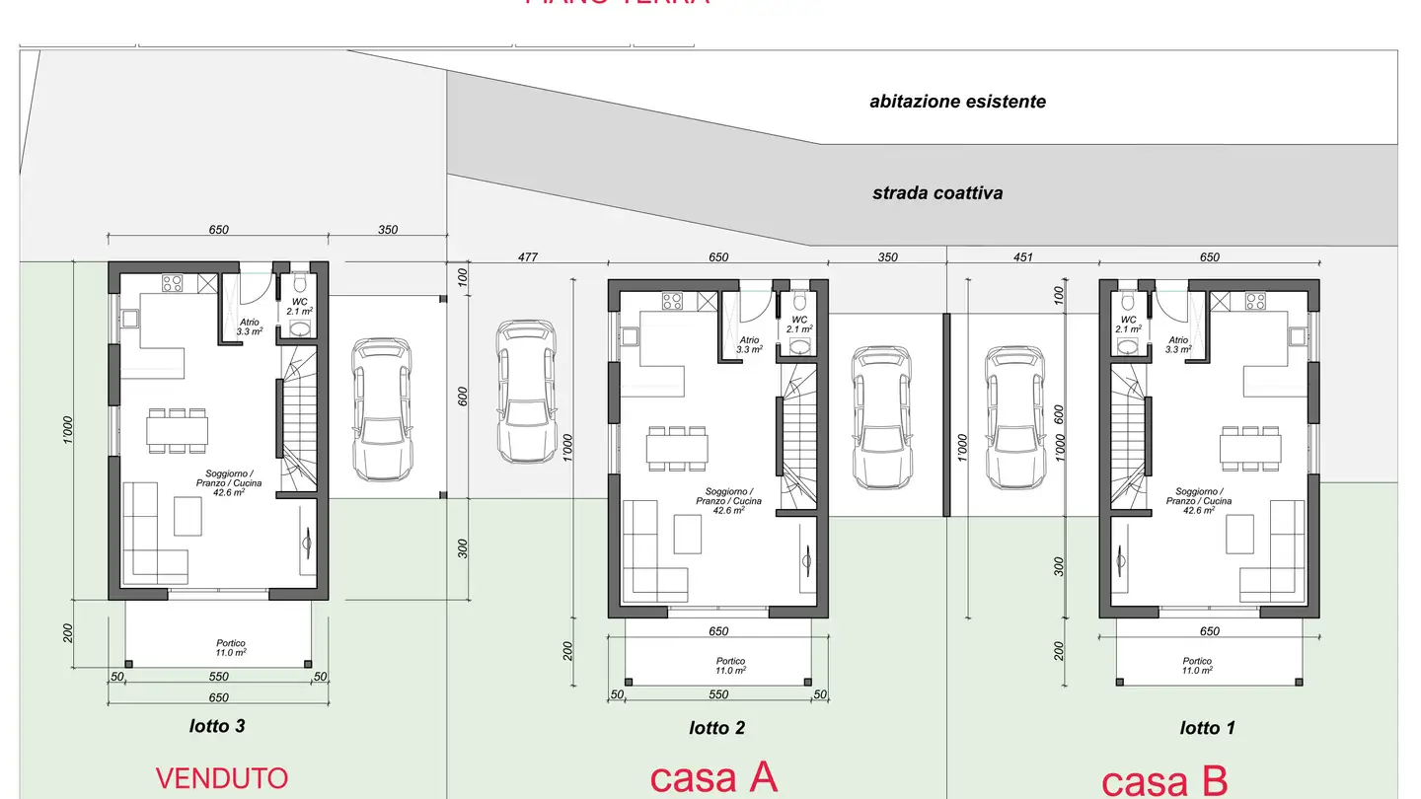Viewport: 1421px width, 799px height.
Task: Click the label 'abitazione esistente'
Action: [957, 102]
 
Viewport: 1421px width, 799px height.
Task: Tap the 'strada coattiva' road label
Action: [936, 193]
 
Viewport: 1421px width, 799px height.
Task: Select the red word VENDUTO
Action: [222, 778]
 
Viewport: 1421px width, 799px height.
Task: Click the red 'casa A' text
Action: [713, 778]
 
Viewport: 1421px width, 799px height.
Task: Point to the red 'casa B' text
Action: [1164, 781]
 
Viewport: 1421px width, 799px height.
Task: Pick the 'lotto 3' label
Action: [217, 726]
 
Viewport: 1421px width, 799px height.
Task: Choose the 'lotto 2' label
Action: [716, 728]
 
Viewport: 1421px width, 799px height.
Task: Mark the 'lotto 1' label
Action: [1207, 728]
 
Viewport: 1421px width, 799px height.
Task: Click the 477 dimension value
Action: [528, 257]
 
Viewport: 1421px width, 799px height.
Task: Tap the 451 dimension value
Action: [1022, 257]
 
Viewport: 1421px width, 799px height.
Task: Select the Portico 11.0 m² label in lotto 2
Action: [731, 666]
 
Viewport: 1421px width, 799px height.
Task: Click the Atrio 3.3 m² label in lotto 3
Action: [250, 327]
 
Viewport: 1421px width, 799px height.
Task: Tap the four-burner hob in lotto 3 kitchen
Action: [171, 283]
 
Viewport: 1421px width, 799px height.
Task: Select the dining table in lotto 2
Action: [677, 449]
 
